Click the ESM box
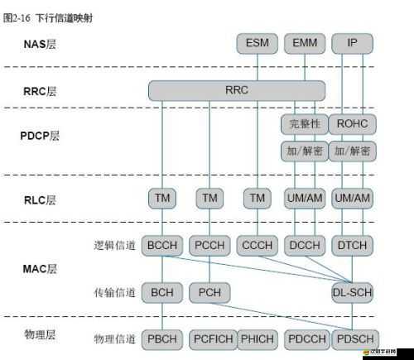click(x=257, y=43)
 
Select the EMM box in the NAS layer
click(x=305, y=43)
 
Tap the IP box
click(x=353, y=43)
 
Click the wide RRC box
click(x=237, y=89)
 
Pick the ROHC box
click(x=353, y=124)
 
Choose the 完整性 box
click(x=305, y=124)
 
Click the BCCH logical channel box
click(x=161, y=245)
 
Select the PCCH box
click(x=209, y=245)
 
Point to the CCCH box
click(x=258, y=245)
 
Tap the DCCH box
click(x=305, y=245)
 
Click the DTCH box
click(x=353, y=245)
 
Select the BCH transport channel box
click(x=161, y=292)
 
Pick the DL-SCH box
click(x=353, y=292)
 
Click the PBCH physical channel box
click(x=161, y=338)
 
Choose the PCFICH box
click(x=209, y=338)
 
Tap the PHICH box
click(x=258, y=338)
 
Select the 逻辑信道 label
click(x=113, y=246)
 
